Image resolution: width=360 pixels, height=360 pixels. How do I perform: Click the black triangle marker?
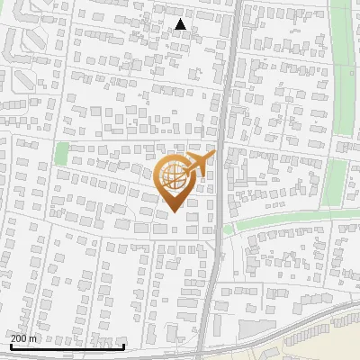(x=181, y=24)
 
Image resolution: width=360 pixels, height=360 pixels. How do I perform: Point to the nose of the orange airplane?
(x=213, y=156)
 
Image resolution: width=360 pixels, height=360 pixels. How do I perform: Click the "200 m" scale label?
(x=24, y=338)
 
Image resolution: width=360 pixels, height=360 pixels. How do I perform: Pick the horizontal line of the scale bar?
(x=67, y=346)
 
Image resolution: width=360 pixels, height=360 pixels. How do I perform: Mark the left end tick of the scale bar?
(x=11, y=345)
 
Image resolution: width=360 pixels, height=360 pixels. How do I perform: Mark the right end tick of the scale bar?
(x=124, y=345)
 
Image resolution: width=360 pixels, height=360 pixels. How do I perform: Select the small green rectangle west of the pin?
(x=61, y=154)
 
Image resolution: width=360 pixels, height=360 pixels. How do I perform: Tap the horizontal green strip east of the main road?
(x=288, y=220)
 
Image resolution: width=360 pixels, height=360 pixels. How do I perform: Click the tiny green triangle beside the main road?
(x=228, y=229)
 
